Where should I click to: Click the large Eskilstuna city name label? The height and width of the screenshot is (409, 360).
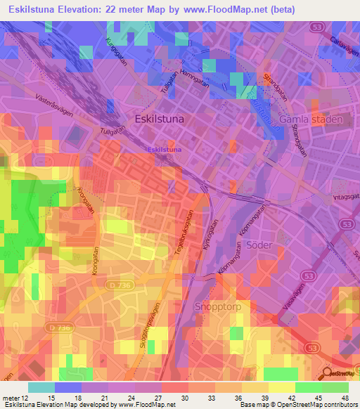pyautogui.click(x=159, y=119)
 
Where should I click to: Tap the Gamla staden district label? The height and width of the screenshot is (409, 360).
pyautogui.click(x=311, y=119)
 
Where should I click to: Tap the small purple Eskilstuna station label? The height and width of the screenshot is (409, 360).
pyautogui.click(x=164, y=150)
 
